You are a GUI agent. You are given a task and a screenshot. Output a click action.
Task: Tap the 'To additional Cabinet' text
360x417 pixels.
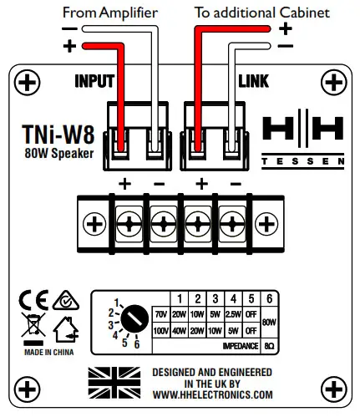point(263,12)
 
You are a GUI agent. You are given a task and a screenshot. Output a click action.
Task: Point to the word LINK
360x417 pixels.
point(253,83)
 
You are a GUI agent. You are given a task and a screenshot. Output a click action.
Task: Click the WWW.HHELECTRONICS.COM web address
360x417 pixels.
point(211,394)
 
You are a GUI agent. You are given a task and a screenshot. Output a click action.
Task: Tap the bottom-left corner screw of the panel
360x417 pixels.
point(28,388)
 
